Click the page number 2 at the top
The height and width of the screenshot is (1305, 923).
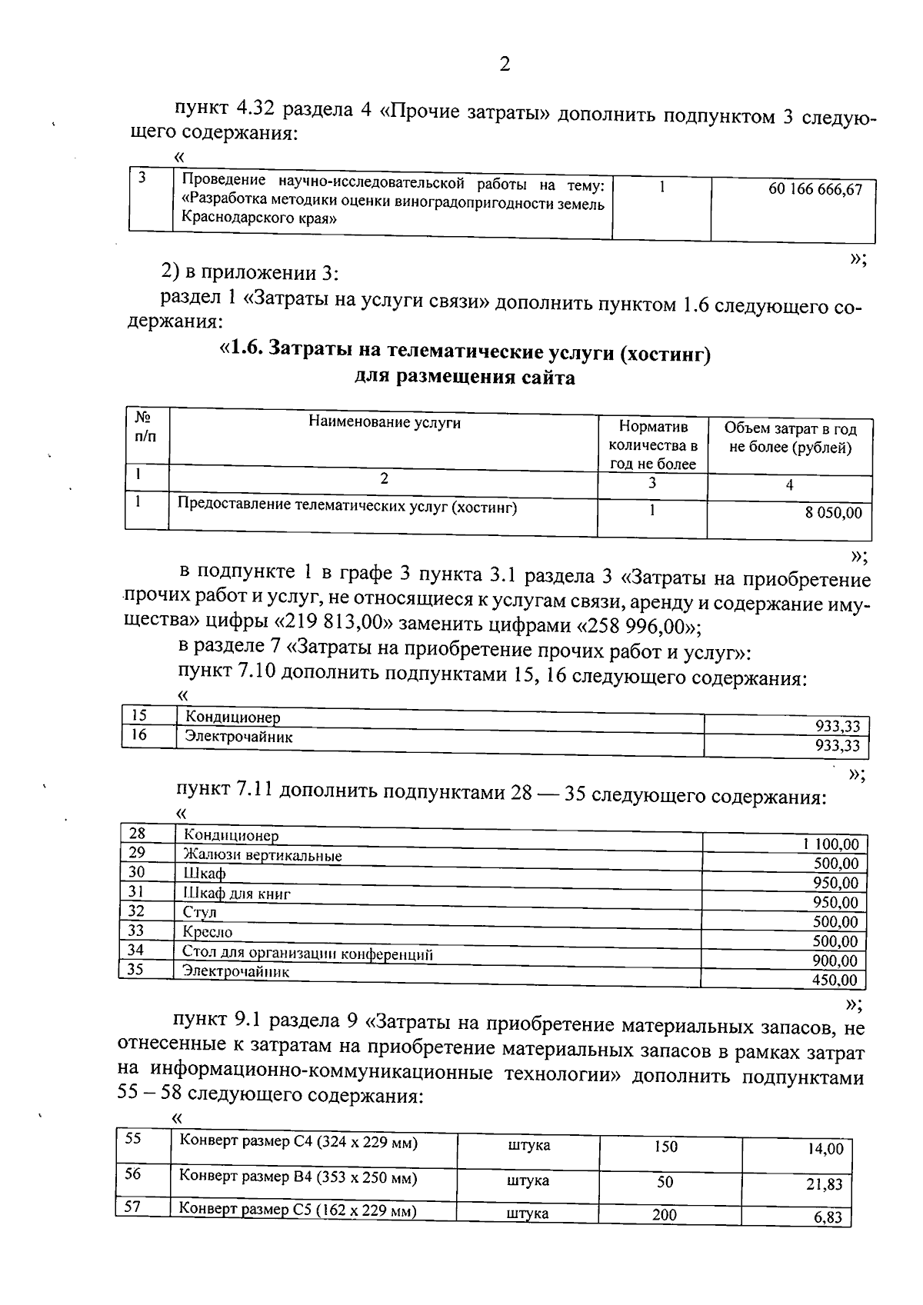[505, 65]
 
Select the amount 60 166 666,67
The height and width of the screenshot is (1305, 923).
[815, 189]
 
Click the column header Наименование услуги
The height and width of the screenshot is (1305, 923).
[385, 421]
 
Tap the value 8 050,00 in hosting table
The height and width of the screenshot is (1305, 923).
[834, 512]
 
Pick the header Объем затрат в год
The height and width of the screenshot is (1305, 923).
[790, 429]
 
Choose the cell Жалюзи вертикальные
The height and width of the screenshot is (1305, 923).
[262, 855]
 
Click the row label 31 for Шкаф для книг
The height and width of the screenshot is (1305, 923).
[137, 891]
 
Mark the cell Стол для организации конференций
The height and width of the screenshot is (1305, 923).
[308, 954]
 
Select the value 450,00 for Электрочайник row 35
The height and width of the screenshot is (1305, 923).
[835, 980]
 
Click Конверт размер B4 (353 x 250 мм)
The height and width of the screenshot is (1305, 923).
[298, 1177]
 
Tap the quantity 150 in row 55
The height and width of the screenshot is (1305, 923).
[665, 1147]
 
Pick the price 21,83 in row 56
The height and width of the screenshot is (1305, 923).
[824, 1184]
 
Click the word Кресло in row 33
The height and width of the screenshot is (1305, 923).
[208, 932]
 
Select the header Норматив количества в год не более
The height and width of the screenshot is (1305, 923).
[652, 444]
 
